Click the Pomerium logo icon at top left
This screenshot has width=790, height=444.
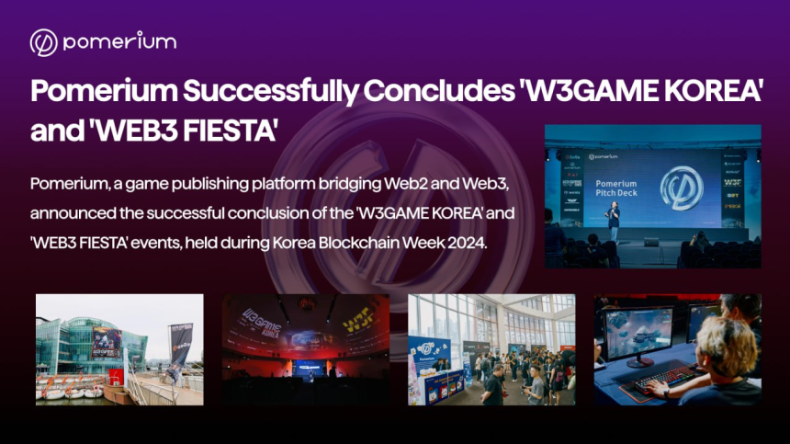click(x=43, y=42)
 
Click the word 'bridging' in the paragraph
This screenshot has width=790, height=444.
click(x=321, y=183)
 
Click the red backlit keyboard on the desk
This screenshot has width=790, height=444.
click(x=660, y=376)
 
